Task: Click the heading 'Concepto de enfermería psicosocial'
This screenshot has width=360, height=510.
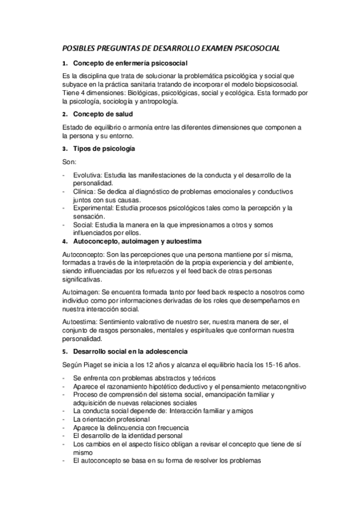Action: pyautogui.click(x=130, y=63)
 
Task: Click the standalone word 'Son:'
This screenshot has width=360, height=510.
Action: pyautogui.click(x=69, y=162)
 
